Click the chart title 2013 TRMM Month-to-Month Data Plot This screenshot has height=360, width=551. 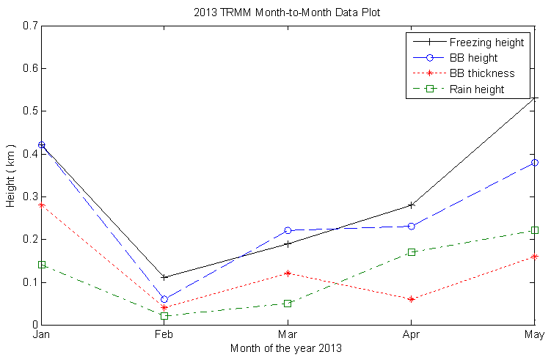click(x=287, y=12)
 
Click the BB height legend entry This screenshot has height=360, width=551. click(x=473, y=57)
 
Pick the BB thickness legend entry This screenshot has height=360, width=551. click(x=481, y=73)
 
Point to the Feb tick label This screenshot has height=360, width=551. click(x=164, y=335)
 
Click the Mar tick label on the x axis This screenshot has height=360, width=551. click(x=288, y=335)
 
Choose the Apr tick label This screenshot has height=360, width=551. click(x=411, y=335)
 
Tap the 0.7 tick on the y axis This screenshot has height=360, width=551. click(x=30, y=26)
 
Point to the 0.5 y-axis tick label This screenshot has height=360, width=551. click(x=30, y=111)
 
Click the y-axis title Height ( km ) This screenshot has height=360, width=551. click(x=11, y=175)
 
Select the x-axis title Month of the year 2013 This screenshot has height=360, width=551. click(x=286, y=348)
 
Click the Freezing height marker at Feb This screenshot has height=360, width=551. click(x=164, y=278)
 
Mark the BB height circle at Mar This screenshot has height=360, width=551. click(x=288, y=231)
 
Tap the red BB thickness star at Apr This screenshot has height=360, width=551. click(x=411, y=299)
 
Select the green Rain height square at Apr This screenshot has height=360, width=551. click(x=411, y=252)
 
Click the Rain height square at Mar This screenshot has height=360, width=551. click(x=288, y=304)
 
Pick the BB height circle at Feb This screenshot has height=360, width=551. click(x=164, y=299)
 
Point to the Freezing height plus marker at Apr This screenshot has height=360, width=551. click(x=411, y=205)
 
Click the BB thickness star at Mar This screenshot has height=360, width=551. click(x=288, y=273)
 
